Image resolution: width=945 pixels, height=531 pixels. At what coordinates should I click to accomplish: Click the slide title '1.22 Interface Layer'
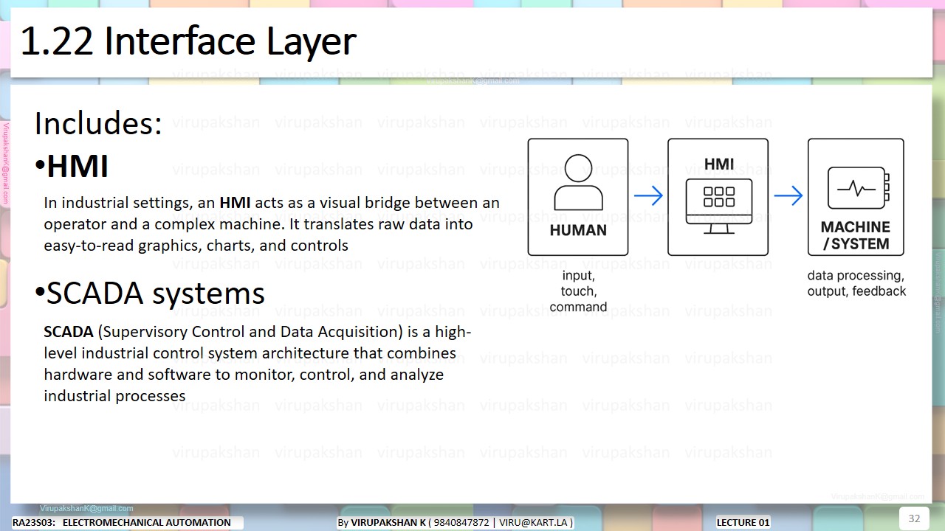188,41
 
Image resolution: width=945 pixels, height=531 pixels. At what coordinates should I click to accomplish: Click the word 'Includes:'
97,124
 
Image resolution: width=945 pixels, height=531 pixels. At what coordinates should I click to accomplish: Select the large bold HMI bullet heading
78,167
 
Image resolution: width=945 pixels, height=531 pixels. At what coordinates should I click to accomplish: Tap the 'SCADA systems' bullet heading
155,294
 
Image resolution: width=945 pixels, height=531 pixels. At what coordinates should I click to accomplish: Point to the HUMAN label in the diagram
578,230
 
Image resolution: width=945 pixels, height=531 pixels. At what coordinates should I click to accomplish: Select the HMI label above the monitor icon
718,164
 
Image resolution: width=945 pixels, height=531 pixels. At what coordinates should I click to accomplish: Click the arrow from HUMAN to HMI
648,196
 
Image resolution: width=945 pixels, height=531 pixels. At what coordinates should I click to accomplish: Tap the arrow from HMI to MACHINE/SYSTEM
788,196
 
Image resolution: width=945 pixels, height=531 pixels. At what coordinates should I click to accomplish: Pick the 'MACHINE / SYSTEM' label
856,235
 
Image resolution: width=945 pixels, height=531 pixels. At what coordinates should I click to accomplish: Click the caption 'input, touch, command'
578,291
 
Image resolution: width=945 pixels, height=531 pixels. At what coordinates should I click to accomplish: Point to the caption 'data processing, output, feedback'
856,283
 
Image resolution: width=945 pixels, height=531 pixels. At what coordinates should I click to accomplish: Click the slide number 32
914,518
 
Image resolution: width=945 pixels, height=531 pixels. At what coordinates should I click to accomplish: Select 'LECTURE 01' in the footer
743,523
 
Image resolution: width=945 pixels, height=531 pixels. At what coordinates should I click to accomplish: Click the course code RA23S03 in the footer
33,523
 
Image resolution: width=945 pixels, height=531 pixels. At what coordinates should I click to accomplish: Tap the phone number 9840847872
461,523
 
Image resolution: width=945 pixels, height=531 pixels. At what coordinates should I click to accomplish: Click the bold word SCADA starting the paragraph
69,332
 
